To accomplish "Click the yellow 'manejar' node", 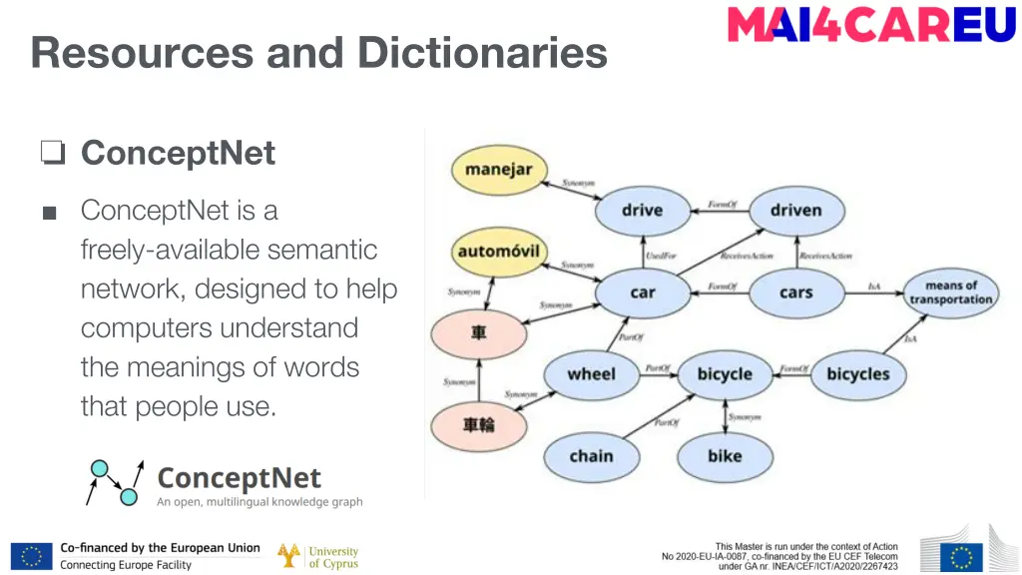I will [x=499, y=170].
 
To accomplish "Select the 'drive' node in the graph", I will [x=642, y=211].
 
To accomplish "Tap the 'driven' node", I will [x=795, y=211].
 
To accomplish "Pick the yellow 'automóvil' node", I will [x=498, y=252].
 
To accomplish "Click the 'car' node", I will [x=642, y=293].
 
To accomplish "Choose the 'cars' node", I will [x=795, y=293].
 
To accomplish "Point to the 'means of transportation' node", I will [x=951, y=292].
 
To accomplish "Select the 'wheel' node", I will [x=591, y=374].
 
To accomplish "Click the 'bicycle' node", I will [x=725, y=374].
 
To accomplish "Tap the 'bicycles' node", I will [x=857, y=374].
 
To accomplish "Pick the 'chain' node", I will [x=591, y=456].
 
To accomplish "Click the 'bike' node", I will [x=725, y=456].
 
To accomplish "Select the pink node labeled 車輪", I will [x=478, y=425].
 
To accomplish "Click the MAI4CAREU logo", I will [x=871, y=24].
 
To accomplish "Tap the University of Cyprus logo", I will [x=318, y=556].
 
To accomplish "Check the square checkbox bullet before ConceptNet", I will [x=53, y=153].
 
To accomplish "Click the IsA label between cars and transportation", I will [x=874, y=287].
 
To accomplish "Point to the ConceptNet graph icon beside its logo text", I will [x=114, y=481].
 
